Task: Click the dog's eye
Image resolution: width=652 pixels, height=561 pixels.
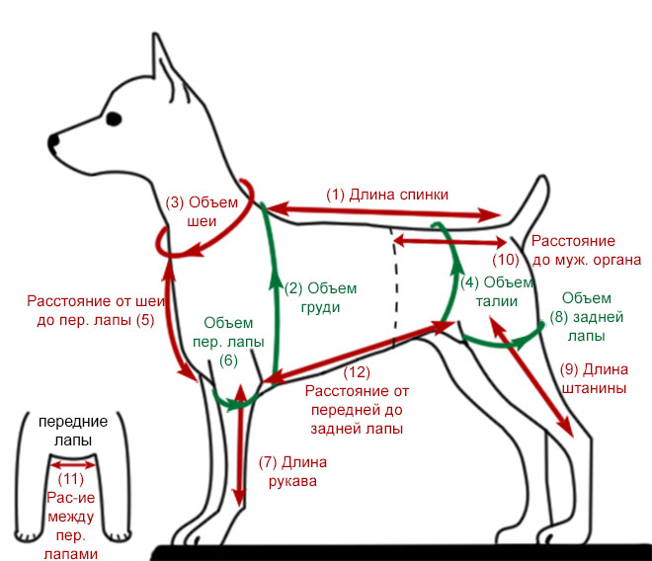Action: pos(114,119)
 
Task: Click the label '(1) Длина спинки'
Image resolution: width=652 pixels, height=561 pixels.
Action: pos(386,195)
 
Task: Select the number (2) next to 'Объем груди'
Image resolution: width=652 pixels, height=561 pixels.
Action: pos(293,288)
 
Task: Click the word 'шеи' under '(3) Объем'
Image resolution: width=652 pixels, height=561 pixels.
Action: pos(202,221)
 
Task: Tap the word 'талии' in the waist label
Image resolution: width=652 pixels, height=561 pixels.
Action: pos(497,301)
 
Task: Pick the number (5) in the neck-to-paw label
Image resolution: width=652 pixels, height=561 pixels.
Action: pos(145,320)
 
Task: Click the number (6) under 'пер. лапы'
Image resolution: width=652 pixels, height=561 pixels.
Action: pos(228,361)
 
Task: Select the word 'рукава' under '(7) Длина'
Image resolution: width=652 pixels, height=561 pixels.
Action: pos(292,482)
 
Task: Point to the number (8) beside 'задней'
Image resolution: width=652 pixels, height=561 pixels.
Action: pos(559,317)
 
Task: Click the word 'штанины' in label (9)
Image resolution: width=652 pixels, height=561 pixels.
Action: pos(594,388)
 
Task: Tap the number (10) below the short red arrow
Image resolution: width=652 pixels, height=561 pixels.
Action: pos(506,260)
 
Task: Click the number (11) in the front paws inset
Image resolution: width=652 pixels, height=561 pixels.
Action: pos(71,479)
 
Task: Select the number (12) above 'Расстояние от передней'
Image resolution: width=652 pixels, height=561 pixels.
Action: pos(357,372)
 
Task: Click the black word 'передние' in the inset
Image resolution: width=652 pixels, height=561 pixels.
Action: pos(73,422)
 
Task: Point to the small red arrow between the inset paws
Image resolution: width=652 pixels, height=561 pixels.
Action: pos(73,465)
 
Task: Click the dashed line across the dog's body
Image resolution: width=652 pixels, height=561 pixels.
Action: pos(394,287)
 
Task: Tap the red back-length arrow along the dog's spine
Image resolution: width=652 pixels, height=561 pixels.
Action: pos(383,211)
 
